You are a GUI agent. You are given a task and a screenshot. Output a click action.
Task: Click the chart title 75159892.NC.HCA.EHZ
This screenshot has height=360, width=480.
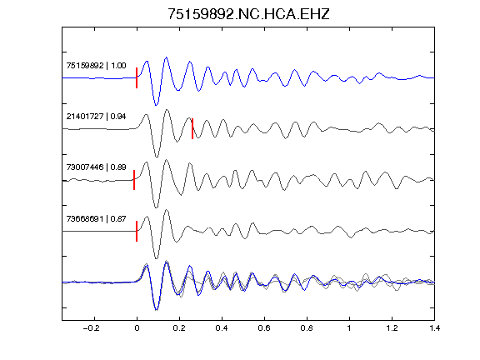[248, 14]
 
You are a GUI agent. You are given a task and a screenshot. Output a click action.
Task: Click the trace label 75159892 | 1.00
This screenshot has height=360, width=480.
[96, 66]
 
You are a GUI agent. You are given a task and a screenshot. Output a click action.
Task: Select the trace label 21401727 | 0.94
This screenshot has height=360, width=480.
[96, 117]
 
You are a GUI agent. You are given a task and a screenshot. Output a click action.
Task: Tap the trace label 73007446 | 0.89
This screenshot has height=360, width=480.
[96, 167]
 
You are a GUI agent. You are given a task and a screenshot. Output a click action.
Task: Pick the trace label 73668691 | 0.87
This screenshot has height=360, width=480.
[96, 218]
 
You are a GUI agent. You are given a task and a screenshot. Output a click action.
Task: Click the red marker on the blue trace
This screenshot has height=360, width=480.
[137, 77]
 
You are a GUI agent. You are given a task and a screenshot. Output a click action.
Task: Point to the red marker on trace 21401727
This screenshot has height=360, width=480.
[192, 128]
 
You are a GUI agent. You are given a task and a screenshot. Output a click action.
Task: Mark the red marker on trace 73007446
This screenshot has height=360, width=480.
[134, 180]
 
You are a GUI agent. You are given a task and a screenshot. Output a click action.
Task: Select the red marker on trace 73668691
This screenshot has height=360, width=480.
[137, 231]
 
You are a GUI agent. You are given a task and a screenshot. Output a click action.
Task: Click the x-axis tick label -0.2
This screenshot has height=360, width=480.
[91, 328]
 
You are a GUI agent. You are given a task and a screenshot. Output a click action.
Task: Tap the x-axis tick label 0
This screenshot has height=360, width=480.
[137, 328]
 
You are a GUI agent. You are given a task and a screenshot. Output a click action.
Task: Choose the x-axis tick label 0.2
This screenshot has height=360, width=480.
[179, 328]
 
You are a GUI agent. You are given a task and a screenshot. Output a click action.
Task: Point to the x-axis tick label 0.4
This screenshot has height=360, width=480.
[222, 328]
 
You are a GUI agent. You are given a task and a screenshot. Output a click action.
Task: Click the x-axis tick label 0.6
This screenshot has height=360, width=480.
[264, 328]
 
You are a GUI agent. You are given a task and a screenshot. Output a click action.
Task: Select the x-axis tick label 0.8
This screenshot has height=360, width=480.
[307, 328]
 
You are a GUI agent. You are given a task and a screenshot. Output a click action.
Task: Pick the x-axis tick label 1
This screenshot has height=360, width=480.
[349, 328]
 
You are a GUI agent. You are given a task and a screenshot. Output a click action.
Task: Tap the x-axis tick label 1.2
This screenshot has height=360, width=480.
[392, 328]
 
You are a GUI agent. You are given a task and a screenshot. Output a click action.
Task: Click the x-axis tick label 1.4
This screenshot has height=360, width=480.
[434, 328]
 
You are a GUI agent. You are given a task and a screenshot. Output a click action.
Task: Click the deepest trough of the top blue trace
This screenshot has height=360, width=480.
[156, 105]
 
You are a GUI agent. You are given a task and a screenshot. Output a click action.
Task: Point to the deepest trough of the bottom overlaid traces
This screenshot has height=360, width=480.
[157, 310]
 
